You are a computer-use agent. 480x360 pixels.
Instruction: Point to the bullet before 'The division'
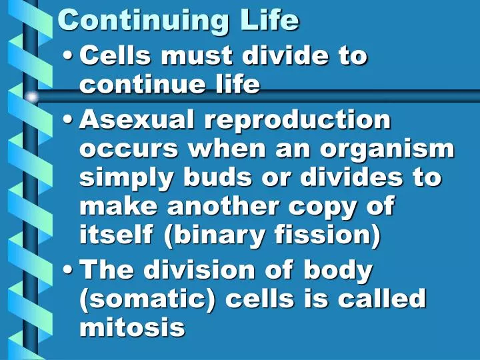[x=69, y=271]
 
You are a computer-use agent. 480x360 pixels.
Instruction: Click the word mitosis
[x=131, y=327]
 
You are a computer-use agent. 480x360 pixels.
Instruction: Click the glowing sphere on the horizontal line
[x=31, y=97]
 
